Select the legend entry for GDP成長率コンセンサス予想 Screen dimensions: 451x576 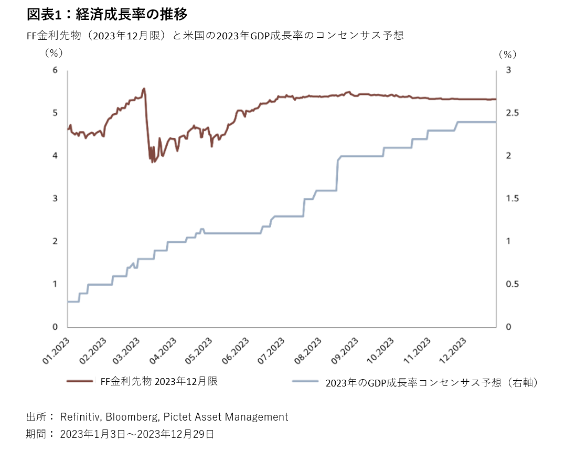point(432,383)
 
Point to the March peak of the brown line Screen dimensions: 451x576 point(144,88)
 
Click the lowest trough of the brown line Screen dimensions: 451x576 point(153,162)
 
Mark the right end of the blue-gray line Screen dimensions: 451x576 point(496,122)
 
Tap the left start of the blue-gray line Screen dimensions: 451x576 point(68,302)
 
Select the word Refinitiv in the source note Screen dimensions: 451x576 point(81,417)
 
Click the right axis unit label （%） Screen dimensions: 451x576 point(507,53)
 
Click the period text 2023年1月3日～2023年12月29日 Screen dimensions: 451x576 point(137,434)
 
